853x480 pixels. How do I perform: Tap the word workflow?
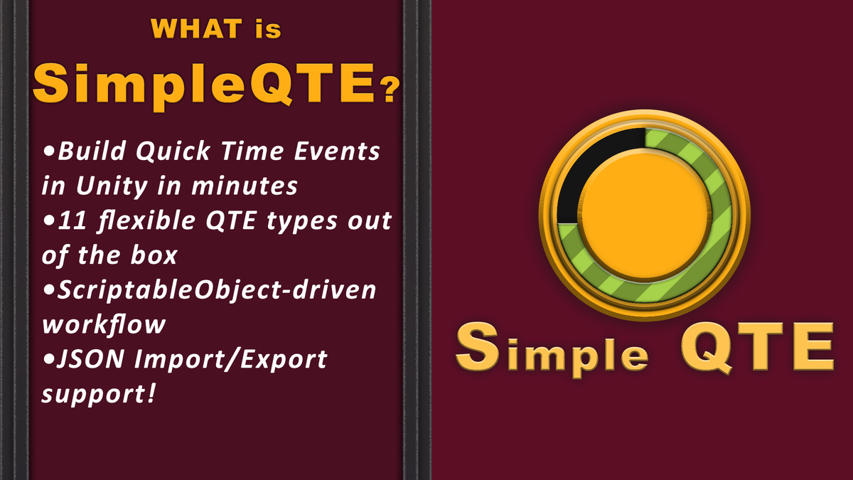(104, 324)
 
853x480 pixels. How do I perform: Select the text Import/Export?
(235, 359)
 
